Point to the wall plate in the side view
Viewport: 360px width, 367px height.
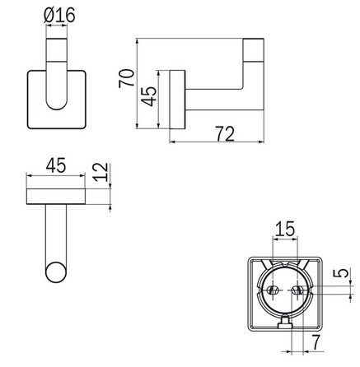tap(176, 100)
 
